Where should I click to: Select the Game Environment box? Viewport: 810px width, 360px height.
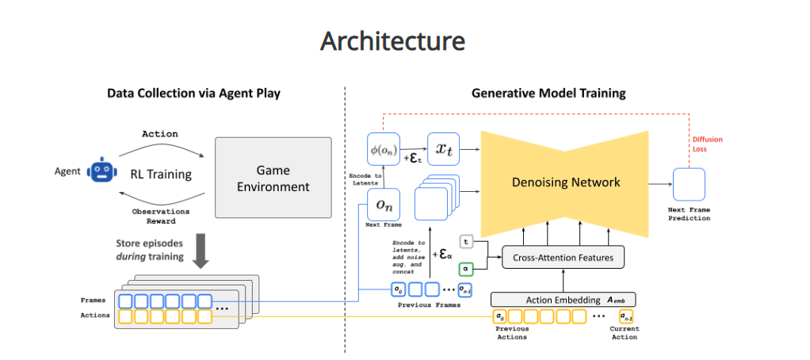tap(273, 178)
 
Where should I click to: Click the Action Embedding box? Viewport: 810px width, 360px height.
tap(564, 300)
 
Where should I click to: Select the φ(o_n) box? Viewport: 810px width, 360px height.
tap(384, 148)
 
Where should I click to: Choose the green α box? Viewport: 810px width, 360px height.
tap(468, 269)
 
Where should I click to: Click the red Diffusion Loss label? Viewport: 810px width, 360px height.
tap(708, 144)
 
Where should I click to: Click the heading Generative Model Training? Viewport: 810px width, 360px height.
tap(548, 94)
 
